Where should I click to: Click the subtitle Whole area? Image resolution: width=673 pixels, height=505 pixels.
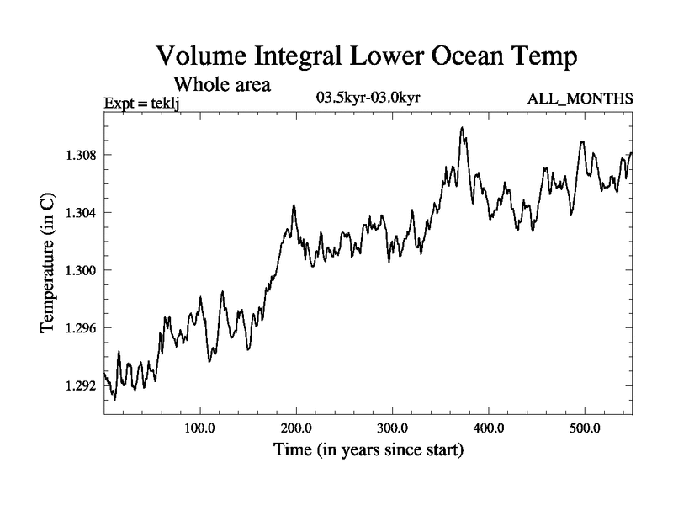tap(222, 85)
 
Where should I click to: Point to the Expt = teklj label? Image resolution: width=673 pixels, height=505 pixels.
tap(142, 103)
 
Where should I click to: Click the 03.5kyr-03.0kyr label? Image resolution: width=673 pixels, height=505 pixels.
tap(368, 98)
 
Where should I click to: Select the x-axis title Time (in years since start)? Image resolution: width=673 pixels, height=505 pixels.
tap(368, 451)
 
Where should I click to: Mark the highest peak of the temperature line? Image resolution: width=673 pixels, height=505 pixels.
tap(462, 127)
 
